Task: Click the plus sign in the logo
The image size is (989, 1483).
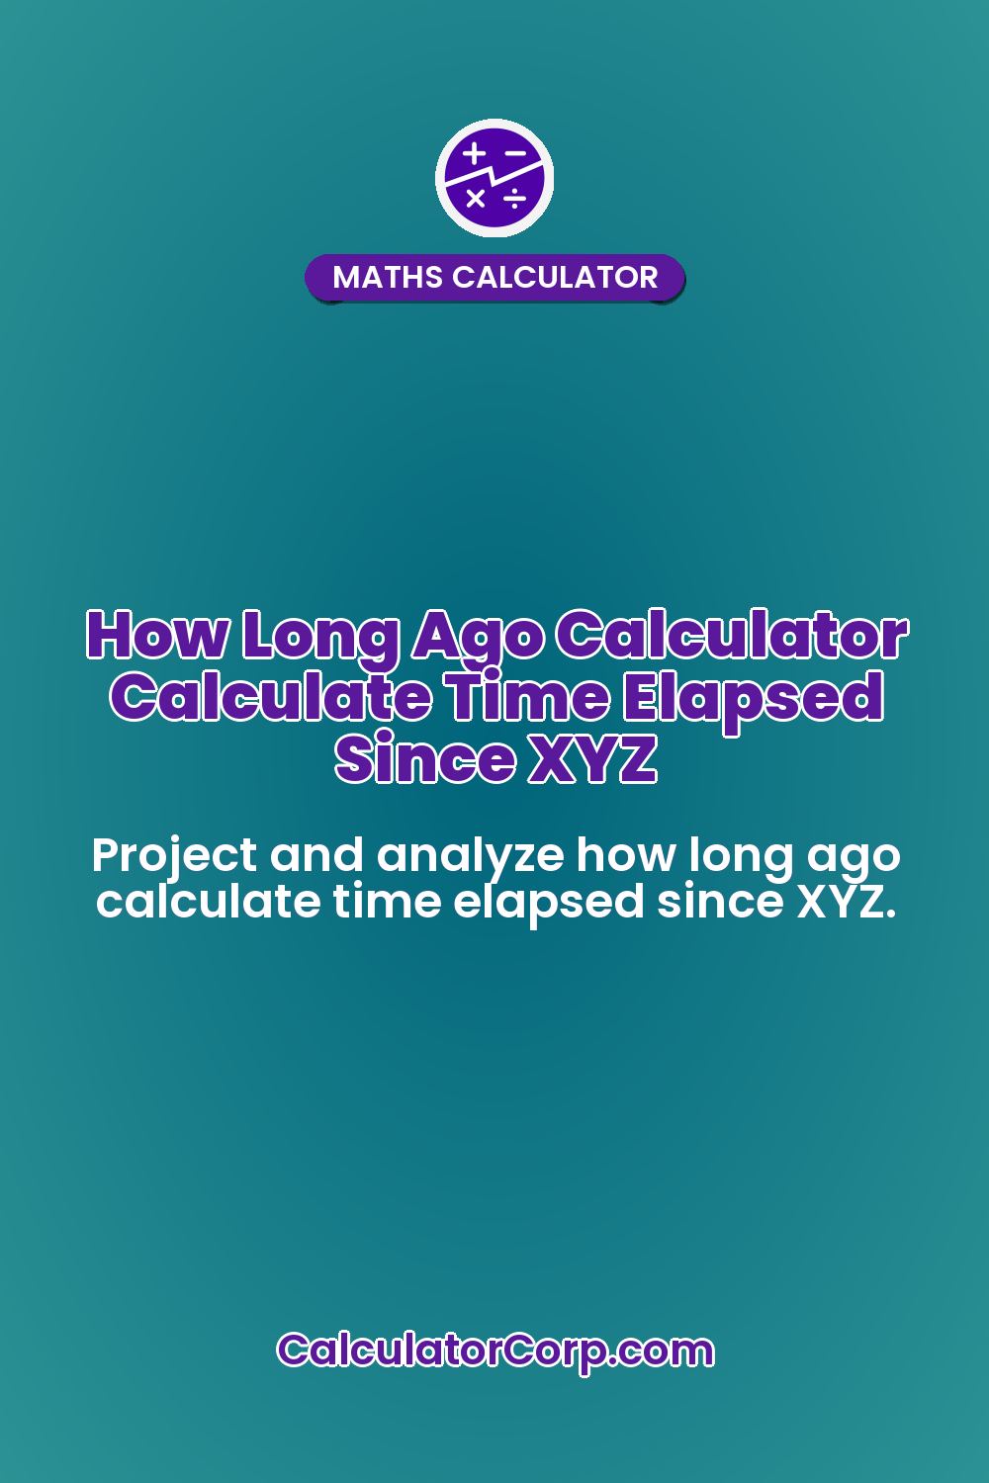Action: (x=475, y=153)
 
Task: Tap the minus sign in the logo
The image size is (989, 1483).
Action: (x=515, y=153)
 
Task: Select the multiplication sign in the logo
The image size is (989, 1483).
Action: (x=476, y=199)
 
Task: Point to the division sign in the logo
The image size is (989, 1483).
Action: (x=514, y=201)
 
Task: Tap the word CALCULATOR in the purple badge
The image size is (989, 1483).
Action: (x=555, y=277)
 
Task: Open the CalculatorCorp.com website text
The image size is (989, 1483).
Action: (x=494, y=1351)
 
